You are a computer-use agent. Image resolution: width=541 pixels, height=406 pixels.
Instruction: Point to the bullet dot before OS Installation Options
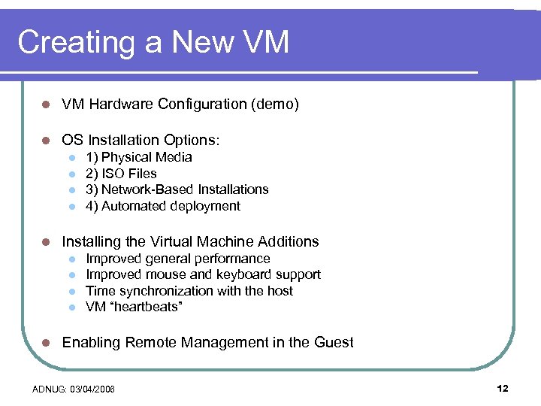[x=46, y=141]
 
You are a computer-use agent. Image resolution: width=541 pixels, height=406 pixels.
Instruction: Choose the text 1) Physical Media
[x=139, y=157]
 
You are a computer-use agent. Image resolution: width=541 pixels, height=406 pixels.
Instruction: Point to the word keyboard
[x=245, y=275]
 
